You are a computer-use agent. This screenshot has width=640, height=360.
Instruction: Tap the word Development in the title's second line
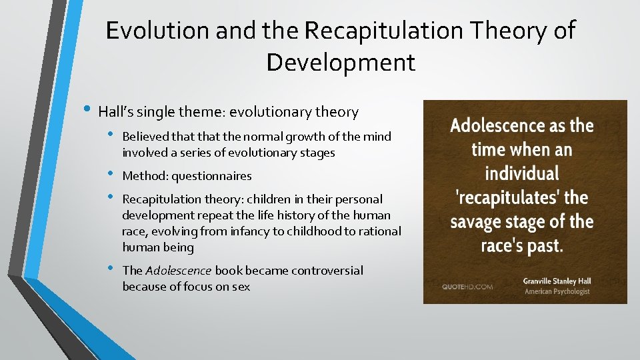[x=341, y=63]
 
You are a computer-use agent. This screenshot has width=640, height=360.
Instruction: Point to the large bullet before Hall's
[x=88, y=110]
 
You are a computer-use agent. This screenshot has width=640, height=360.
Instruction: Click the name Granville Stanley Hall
[x=557, y=281]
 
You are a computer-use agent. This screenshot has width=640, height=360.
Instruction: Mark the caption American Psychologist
[x=557, y=291]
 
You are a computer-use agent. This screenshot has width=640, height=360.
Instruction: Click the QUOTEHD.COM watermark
[x=467, y=287]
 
